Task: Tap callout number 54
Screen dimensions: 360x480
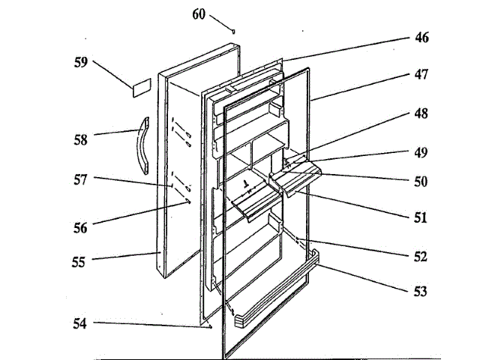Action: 79,324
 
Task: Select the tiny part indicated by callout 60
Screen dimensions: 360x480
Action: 234,31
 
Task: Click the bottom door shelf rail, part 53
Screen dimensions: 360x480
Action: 275,292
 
